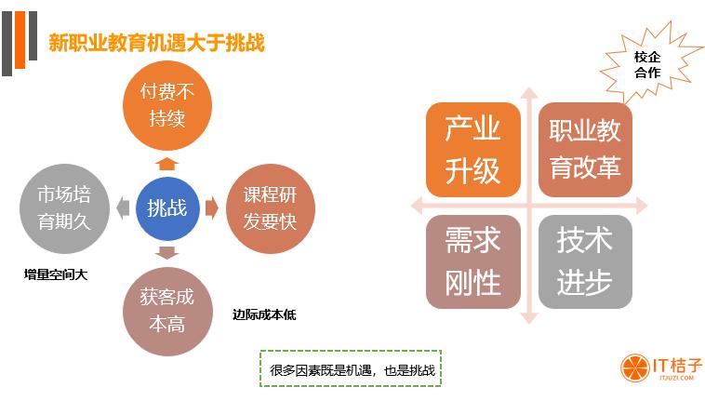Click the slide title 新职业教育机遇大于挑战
[x=156, y=43]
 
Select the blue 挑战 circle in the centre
[x=167, y=207]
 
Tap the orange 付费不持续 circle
[x=167, y=104]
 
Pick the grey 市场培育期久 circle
[x=64, y=207]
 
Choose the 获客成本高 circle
[x=167, y=311]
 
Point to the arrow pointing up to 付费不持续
[x=167, y=162]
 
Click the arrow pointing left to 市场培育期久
[x=123, y=207]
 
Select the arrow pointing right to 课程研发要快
[x=211, y=207]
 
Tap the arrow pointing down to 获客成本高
[x=167, y=252]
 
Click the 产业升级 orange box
[x=472, y=149]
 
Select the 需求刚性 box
[x=472, y=261]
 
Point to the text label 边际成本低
[x=264, y=314]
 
